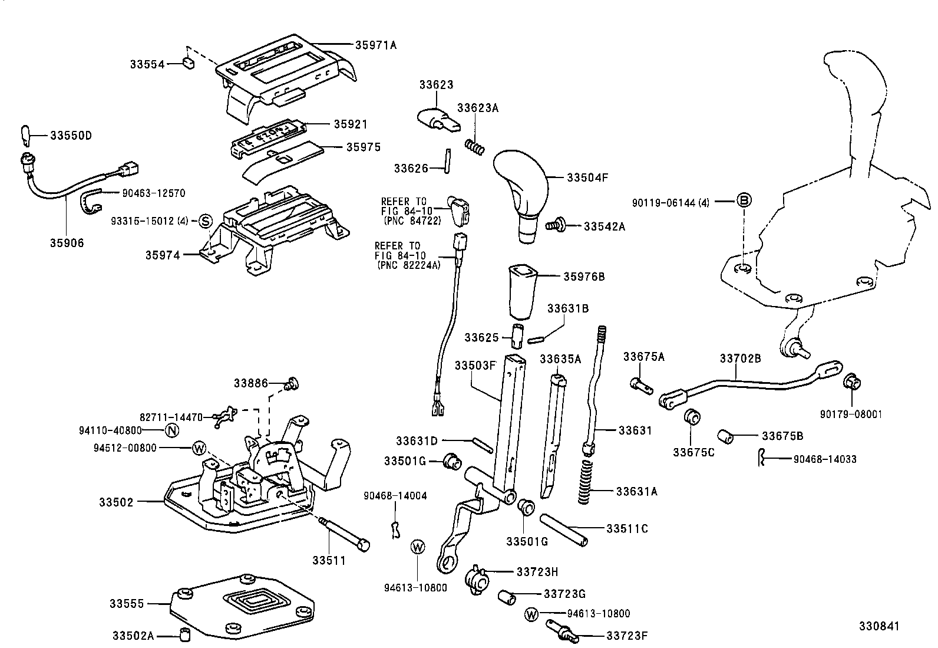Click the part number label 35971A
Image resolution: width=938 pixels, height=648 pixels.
click(375, 44)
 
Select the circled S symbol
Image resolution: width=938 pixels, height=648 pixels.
click(205, 221)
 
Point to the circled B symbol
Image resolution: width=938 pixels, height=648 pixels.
click(744, 201)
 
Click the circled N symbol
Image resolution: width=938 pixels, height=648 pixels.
click(171, 430)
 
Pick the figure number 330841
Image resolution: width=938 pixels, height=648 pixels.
click(879, 626)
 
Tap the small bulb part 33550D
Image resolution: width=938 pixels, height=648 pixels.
click(25, 135)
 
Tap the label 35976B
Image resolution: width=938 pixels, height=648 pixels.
click(584, 277)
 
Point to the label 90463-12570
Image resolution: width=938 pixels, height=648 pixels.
click(153, 193)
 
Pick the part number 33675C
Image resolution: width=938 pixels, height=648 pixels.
click(693, 452)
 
